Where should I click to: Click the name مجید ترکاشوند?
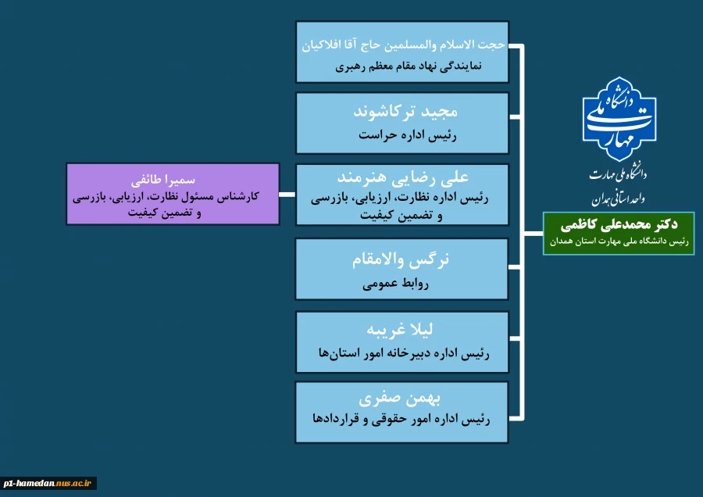pos(403,111)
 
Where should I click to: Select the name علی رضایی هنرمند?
pos(403,178)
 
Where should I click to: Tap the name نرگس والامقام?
pos(403,259)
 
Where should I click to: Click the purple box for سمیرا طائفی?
pos(173,194)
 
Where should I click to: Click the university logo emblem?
pos(619,119)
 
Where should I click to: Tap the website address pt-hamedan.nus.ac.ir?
pos(48,484)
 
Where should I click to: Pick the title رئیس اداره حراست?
pos(403,135)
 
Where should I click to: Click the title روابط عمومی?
pos(403,284)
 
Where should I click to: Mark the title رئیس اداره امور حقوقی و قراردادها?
pos(403,419)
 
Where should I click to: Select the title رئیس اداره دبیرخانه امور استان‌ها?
pos(403,353)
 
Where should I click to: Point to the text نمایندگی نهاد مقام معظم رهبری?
pos(403,66)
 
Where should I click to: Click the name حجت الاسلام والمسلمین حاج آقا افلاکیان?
pos(403,45)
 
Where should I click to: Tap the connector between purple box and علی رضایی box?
pos(287,195)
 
